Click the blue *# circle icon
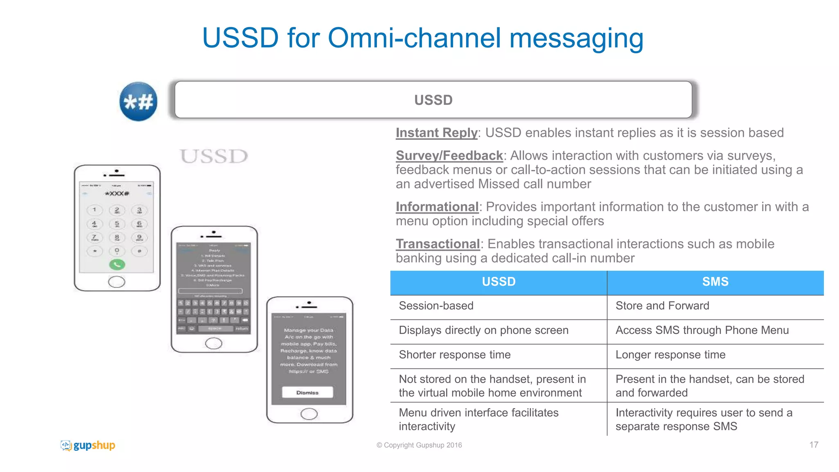click(x=138, y=102)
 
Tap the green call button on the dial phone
click(x=117, y=264)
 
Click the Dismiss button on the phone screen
click(x=307, y=393)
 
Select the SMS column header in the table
click(x=715, y=282)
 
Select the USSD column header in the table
click(x=499, y=282)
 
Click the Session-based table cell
click(x=436, y=306)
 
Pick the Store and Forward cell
click(x=662, y=306)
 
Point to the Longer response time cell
click(x=671, y=355)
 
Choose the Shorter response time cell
click(x=455, y=355)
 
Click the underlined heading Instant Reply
click(x=437, y=133)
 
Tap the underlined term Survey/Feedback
click(x=449, y=156)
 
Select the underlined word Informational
click(x=437, y=207)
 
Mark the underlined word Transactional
click(x=438, y=244)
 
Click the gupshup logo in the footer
click(x=88, y=445)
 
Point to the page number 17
click(x=814, y=445)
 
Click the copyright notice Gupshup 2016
click(x=419, y=445)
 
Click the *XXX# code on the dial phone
click(x=117, y=194)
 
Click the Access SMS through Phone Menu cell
click(x=702, y=330)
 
